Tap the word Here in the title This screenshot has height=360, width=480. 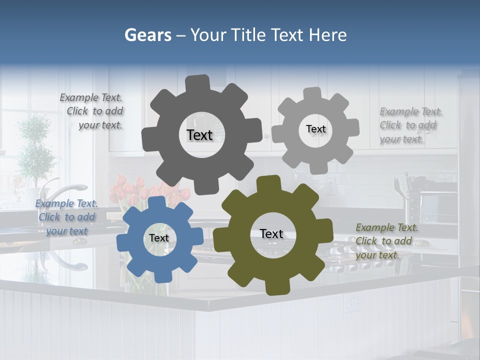(x=327, y=35)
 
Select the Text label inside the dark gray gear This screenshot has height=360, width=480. (x=199, y=135)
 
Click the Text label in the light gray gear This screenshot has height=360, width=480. (x=315, y=129)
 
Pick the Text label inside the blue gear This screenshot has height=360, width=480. (x=158, y=238)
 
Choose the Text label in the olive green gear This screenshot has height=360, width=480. (x=271, y=233)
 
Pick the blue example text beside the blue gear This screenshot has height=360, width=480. (x=66, y=217)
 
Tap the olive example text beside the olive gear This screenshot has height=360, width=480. (x=386, y=241)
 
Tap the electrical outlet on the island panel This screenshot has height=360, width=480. (x=354, y=301)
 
